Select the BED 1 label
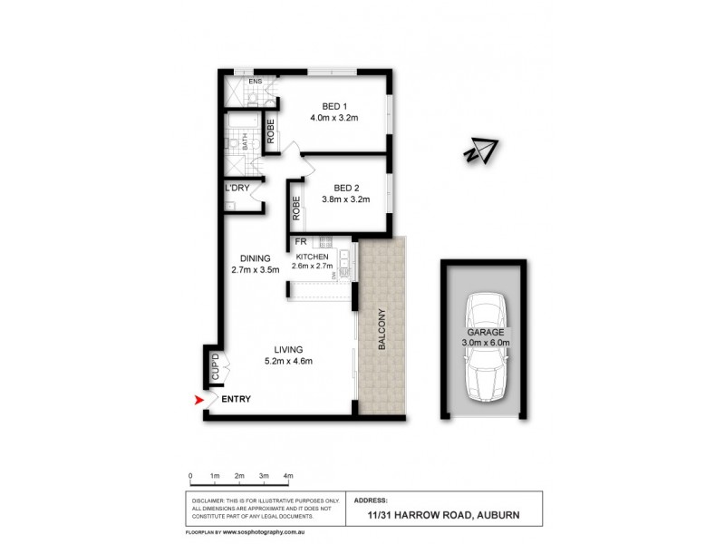click(x=333, y=104)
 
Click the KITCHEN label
click(x=310, y=256)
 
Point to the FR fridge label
click(x=298, y=243)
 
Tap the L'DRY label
click(x=237, y=188)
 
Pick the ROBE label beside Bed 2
click(x=296, y=210)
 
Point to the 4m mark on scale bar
click(x=288, y=475)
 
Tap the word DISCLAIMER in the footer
click(x=212, y=500)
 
